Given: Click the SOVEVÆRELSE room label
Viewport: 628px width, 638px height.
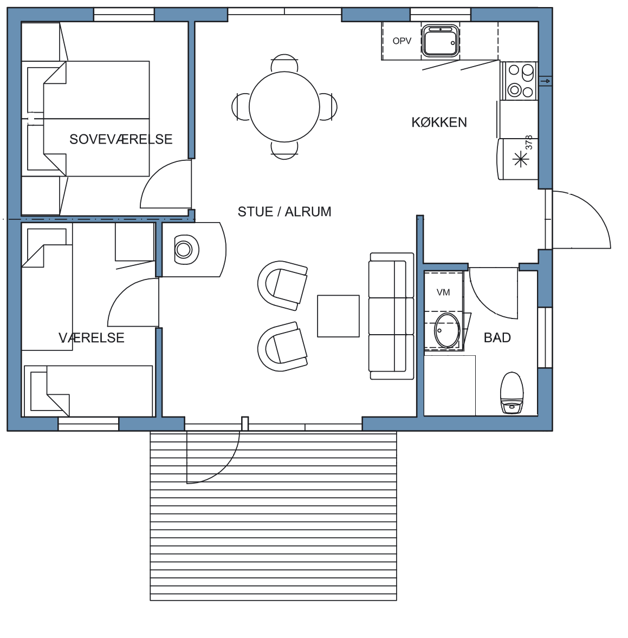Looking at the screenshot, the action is tap(121, 139).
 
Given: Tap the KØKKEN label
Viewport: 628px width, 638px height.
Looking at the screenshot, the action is tap(439, 122).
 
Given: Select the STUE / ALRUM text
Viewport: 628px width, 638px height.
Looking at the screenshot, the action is tap(284, 212).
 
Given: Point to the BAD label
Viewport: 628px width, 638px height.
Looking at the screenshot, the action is tap(497, 338).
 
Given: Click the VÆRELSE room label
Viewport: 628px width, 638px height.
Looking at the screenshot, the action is tap(92, 338).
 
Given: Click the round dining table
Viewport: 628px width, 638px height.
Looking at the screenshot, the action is tap(284, 107).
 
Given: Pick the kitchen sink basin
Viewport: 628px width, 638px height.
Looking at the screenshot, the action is tap(441, 41).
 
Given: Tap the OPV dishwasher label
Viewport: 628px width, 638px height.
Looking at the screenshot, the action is tap(402, 41).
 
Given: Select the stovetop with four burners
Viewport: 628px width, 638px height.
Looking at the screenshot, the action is tap(519, 81).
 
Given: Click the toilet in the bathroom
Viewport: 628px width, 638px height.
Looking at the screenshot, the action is tap(512, 393).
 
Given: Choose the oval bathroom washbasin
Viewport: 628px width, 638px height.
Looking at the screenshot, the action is tap(447, 330).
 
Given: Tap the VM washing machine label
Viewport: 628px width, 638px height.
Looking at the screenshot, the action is tap(443, 292).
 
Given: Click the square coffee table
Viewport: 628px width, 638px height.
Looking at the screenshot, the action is tap(338, 316).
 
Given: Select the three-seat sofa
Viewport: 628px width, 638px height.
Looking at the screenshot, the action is tap(391, 316).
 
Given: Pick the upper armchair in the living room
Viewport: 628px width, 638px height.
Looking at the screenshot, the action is tap(282, 285).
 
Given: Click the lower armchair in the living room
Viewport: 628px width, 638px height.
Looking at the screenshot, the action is tap(282, 346).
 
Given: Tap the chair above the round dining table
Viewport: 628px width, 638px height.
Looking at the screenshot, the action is tap(284, 62).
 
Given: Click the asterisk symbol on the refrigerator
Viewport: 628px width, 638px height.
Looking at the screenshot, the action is tap(521, 159).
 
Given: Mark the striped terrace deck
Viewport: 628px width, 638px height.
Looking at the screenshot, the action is tap(273, 516).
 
